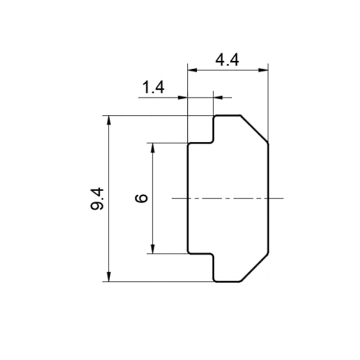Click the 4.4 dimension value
(x=227, y=60)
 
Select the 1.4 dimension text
(x=153, y=87)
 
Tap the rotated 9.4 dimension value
(x=97, y=199)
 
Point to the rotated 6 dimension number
(x=141, y=198)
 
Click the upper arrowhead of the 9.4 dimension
(x=109, y=120)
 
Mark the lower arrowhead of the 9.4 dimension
(x=109, y=277)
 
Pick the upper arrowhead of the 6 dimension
(x=153, y=148)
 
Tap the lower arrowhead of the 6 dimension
(x=153, y=249)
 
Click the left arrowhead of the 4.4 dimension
(x=193, y=70)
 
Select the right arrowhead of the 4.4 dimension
(x=263, y=70)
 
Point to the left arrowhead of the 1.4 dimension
(x=183, y=98)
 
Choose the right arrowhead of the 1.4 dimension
(x=218, y=98)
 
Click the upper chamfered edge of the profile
(x=254, y=129)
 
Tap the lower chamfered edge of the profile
(x=254, y=267)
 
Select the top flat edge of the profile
(x=228, y=115)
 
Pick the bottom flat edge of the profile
(x=228, y=281)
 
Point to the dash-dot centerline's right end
(x=284, y=198)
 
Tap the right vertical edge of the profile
(x=268, y=198)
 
